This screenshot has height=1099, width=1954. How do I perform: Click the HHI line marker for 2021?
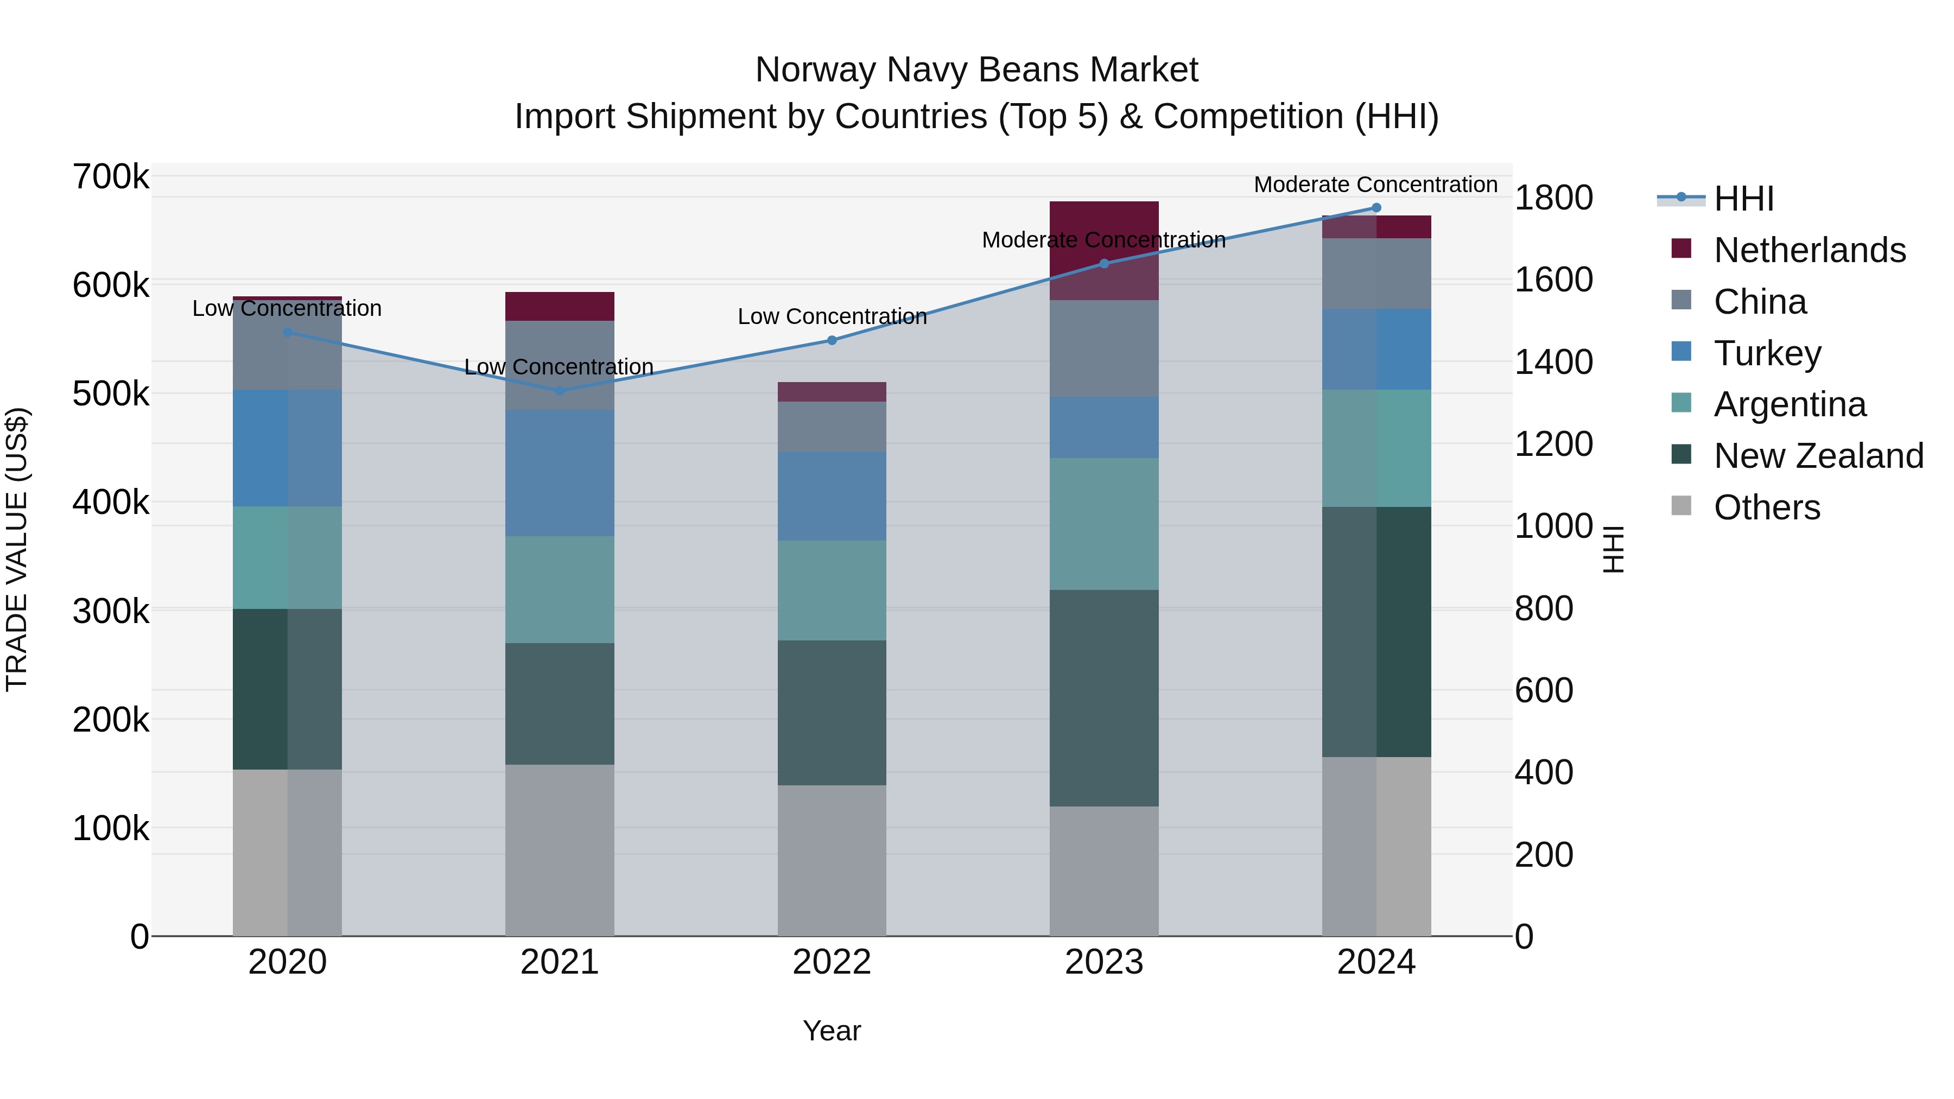[x=560, y=391]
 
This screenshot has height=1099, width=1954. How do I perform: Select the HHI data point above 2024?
[x=1376, y=208]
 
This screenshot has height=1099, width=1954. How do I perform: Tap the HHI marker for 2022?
[x=832, y=340]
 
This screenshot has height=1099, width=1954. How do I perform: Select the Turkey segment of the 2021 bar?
[x=560, y=473]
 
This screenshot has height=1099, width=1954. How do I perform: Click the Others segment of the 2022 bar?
[x=832, y=860]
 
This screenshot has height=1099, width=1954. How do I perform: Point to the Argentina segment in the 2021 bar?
[x=560, y=590]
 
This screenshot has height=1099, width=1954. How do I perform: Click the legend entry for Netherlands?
[x=1809, y=250]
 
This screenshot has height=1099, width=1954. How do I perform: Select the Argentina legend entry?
[x=1790, y=404]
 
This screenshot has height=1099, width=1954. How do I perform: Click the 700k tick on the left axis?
[x=111, y=177]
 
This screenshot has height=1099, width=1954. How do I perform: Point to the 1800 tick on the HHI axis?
[x=1553, y=198]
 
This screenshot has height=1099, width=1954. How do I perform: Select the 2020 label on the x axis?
[x=288, y=962]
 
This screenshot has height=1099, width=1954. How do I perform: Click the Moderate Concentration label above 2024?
[x=1375, y=185]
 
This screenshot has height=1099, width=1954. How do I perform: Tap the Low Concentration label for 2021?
[x=559, y=367]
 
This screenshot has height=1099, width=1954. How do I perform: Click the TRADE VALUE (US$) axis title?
[x=17, y=549]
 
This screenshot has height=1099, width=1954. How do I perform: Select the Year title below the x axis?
[x=832, y=1031]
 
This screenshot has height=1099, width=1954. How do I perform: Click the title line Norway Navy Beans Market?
[x=976, y=70]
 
